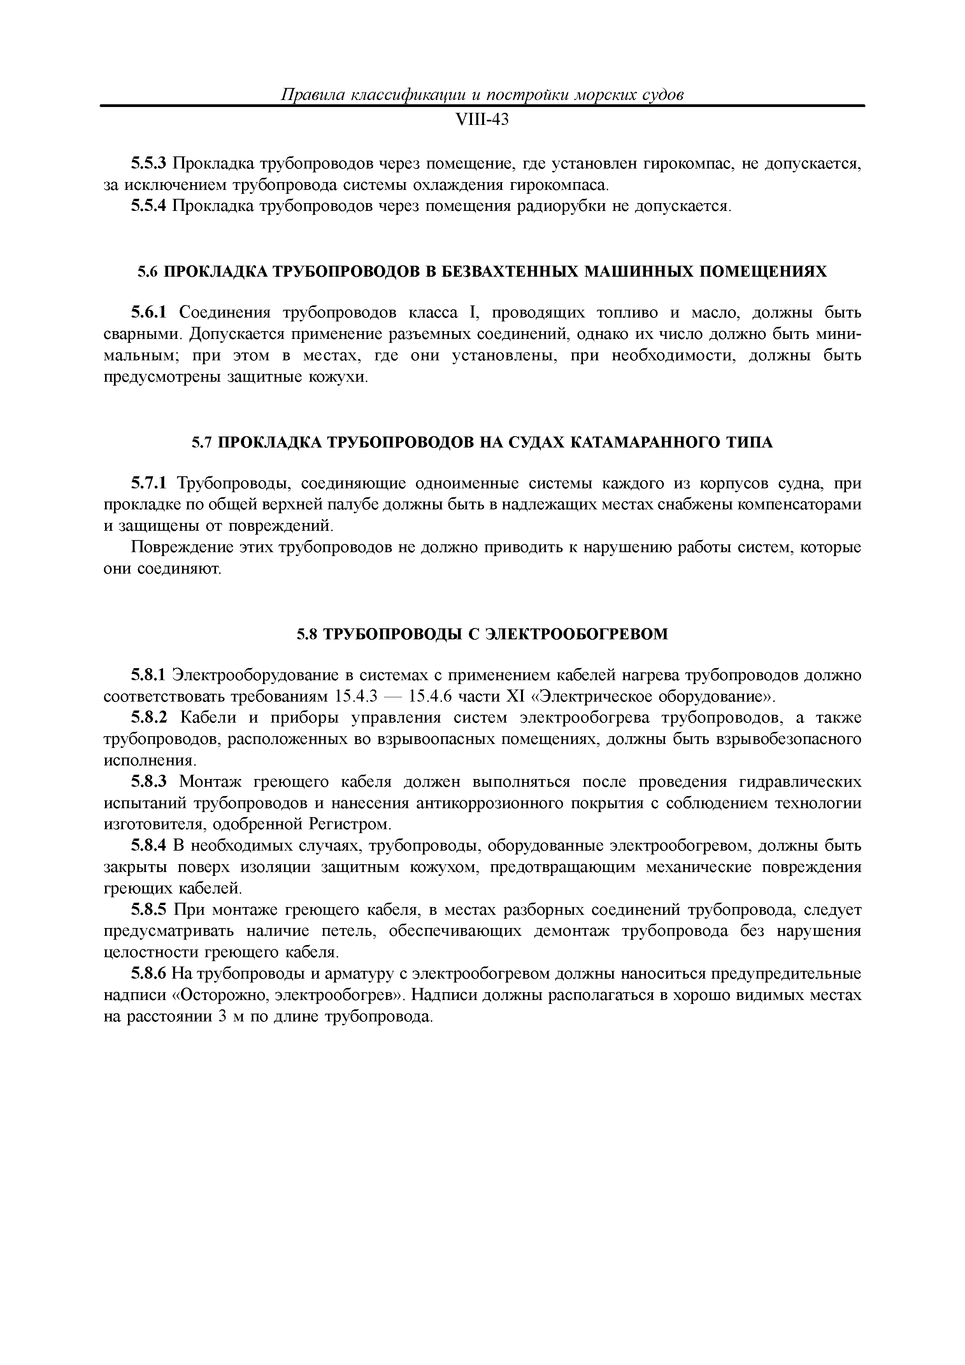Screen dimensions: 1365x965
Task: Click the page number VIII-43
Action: [482, 120]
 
